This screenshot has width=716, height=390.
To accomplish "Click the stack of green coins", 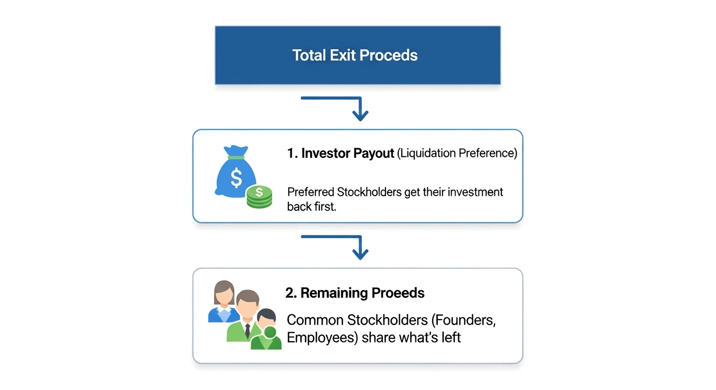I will tap(259, 197).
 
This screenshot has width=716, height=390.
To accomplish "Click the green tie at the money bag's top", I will tap(235, 157).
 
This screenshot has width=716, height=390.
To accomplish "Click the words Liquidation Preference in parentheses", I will tap(456, 153).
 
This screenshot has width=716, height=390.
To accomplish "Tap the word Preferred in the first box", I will tap(311, 192).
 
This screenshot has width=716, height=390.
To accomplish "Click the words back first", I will tap(311, 207).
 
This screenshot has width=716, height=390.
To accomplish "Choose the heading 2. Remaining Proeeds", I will tap(354, 293).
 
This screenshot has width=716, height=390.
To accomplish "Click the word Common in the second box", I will tap(315, 320).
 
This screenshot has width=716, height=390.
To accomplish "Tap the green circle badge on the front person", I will tap(271, 333).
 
